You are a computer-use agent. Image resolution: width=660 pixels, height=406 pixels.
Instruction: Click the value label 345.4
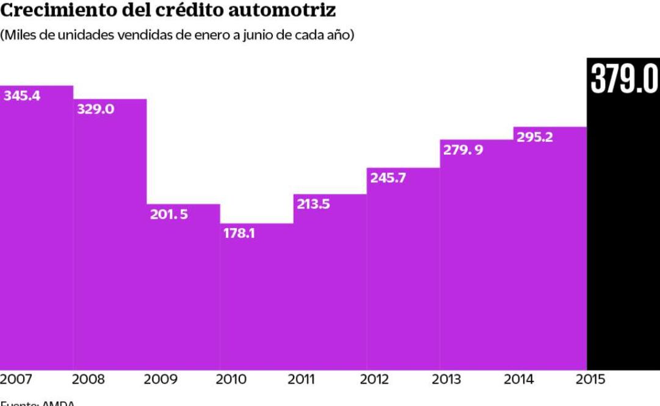coord(22,96)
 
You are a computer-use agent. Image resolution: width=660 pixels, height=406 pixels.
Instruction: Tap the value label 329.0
coord(95,110)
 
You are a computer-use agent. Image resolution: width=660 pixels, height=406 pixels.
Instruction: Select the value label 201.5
coord(169,215)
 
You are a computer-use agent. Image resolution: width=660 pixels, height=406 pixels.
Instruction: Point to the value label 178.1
coord(239,233)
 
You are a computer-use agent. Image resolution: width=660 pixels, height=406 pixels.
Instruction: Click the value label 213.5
coord(313,204)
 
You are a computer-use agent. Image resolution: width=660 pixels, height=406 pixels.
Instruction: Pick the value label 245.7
coord(388,178)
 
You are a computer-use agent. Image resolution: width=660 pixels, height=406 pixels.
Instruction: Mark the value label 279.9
coord(463,150)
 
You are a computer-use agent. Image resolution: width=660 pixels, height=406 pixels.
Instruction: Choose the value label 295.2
coord(535,137)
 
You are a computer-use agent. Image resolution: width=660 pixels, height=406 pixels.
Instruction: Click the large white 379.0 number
coord(624,79)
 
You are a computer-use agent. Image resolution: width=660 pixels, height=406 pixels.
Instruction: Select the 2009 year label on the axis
coord(161,380)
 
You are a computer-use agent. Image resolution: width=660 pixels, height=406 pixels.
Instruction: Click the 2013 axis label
coord(447,380)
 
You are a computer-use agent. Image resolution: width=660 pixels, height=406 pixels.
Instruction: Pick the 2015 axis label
coord(591,380)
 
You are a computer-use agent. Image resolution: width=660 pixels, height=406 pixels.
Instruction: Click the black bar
coord(623,244)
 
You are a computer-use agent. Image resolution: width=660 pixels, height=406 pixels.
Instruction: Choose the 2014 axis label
coord(519,380)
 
